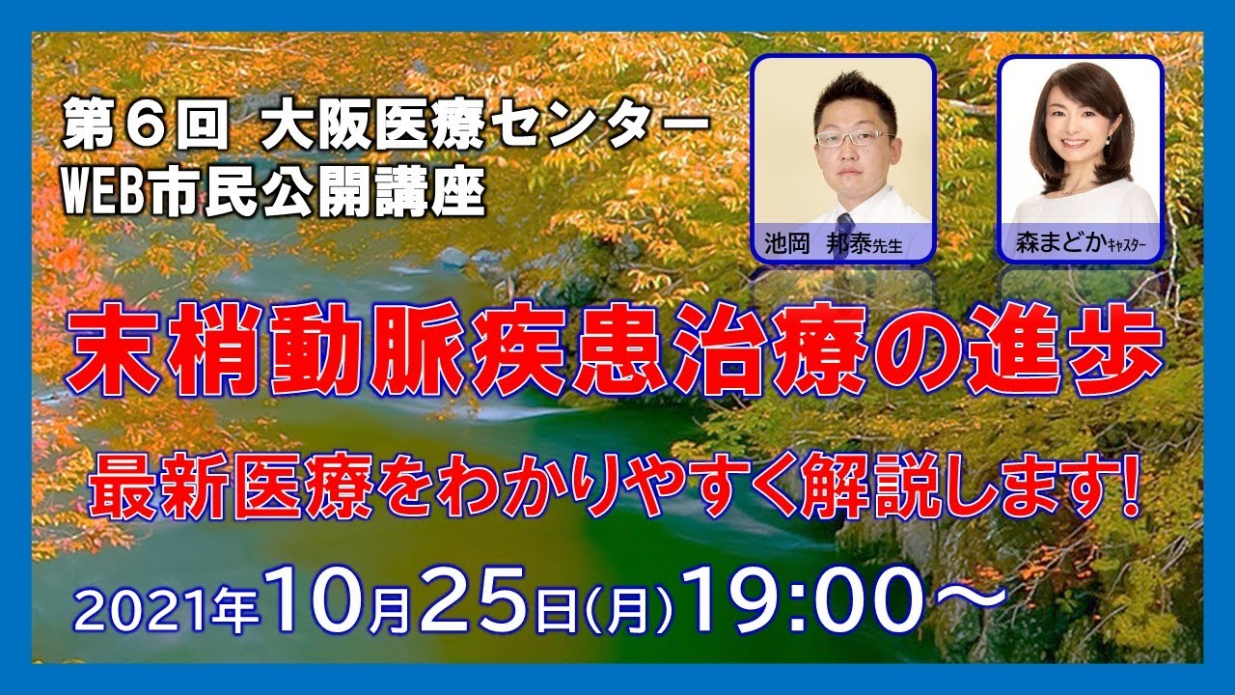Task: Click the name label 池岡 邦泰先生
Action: click(x=842, y=244)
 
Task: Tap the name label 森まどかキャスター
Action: click(x=1079, y=244)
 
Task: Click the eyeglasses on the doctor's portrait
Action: click(x=854, y=138)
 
